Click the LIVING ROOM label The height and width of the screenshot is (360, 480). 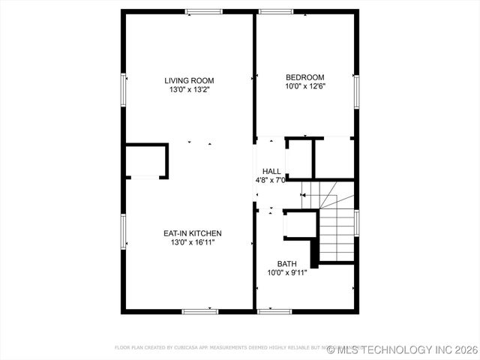[x=190, y=80]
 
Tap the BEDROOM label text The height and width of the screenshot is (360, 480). [x=304, y=77]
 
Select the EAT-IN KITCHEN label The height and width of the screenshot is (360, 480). [x=192, y=233]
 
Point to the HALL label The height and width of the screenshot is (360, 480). [x=271, y=172]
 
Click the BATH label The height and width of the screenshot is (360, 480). [x=286, y=263]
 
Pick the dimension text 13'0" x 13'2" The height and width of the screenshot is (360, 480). [x=190, y=90]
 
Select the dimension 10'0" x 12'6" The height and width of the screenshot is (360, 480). [x=304, y=86]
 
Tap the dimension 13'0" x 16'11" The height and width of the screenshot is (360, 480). [x=192, y=242]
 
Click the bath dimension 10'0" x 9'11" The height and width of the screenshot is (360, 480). [x=287, y=272]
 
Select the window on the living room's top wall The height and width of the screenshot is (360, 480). [x=204, y=11]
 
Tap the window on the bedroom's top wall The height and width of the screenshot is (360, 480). [x=277, y=11]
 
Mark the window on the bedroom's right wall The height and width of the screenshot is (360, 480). [x=356, y=92]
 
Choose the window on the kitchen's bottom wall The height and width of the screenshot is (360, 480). [x=200, y=310]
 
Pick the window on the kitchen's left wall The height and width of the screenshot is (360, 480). [x=124, y=234]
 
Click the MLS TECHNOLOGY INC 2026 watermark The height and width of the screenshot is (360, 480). [x=402, y=349]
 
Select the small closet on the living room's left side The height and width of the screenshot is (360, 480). [x=145, y=160]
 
